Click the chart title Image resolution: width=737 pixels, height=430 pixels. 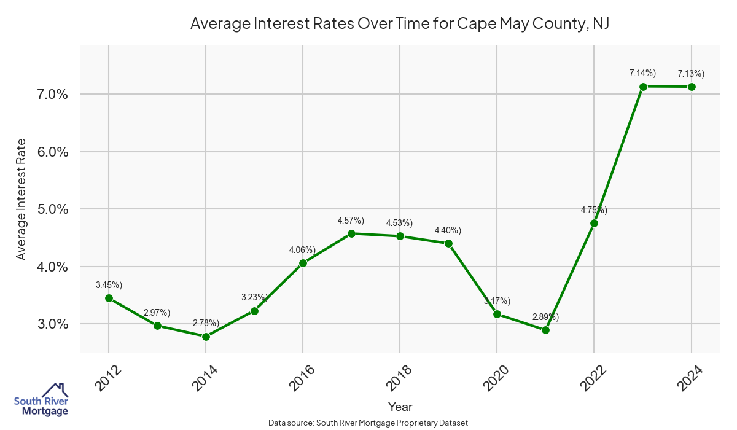tap(399, 23)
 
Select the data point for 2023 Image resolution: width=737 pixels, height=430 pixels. tap(643, 87)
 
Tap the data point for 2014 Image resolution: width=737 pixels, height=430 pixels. tap(206, 337)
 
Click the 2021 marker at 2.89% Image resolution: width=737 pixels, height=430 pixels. tap(545, 330)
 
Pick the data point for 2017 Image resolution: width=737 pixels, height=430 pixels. tap(351, 233)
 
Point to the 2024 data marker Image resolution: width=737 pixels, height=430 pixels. tap(692, 87)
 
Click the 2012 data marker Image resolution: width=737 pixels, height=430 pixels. tap(109, 298)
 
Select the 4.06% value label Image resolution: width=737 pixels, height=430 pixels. tap(302, 250)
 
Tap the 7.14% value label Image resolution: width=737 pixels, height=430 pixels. tap(642, 74)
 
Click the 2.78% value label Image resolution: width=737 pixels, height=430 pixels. tap(206, 323)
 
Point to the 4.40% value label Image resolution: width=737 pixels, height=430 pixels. tap(448, 230)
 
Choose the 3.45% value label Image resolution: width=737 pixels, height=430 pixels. tap(109, 285)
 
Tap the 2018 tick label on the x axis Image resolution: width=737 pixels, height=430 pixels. tap(400, 377)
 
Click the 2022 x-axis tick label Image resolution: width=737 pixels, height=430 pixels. tap(594, 377)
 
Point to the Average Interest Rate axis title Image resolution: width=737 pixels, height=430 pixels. tap(21, 199)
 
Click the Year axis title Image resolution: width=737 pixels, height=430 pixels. tap(400, 407)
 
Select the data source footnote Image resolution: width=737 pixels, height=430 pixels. tap(368, 423)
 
